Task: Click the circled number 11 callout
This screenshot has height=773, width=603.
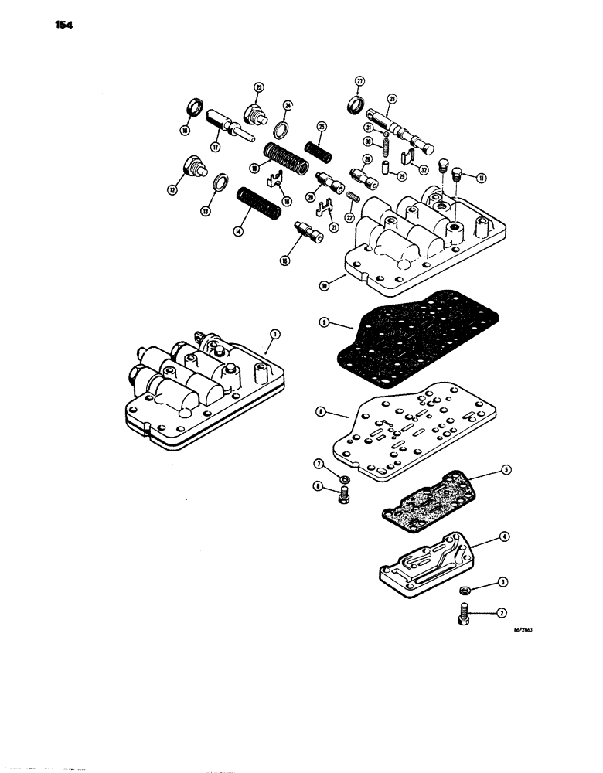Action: pos(482,178)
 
